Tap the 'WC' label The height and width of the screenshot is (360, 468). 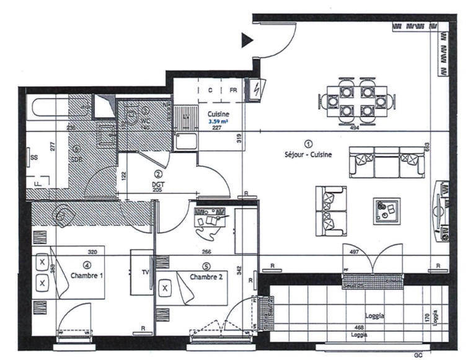pos(146,120)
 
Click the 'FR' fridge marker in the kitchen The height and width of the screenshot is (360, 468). pos(234,90)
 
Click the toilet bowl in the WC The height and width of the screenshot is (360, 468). pos(131,116)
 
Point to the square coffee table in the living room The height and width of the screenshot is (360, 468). pos(386,211)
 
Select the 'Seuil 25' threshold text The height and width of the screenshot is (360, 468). pos(354,284)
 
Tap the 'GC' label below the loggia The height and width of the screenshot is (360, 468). pos(418,355)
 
